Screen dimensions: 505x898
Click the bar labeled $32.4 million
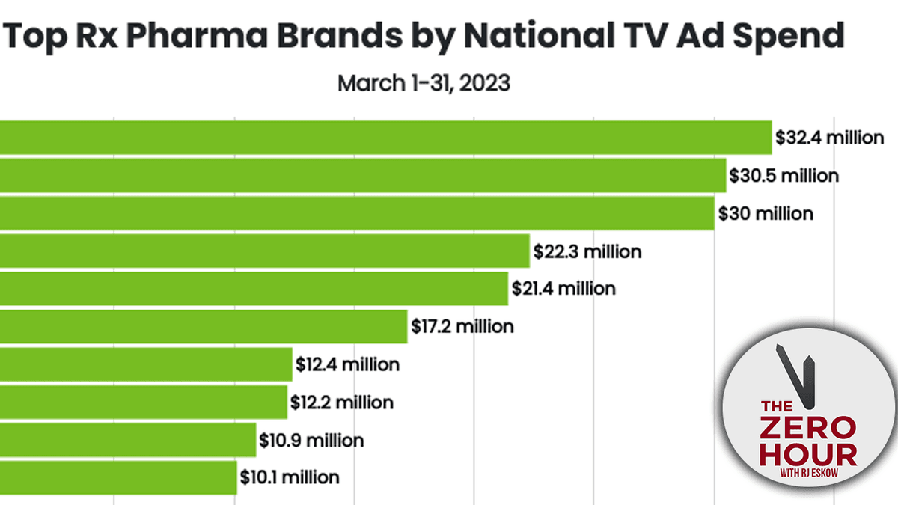click(385, 138)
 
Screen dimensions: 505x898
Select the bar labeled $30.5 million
click(363, 176)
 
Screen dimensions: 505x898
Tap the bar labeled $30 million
click(357, 213)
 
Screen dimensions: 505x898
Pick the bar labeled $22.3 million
click(265, 251)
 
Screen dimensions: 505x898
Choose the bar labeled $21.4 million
click(254, 288)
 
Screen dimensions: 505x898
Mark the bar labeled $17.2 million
click(204, 326)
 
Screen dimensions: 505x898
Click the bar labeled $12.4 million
click(146, 364)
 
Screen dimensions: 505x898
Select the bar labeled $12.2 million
click(144, 403)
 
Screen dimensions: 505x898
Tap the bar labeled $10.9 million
click(128, 440)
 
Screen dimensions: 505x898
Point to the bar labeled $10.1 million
click(118, 477)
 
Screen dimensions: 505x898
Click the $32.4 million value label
click(829, 138)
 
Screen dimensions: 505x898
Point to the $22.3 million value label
click(587, 251)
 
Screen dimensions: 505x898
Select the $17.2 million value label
click(462, 326)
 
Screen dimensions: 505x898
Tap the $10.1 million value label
click(289, 477)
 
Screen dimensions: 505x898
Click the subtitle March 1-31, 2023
click(424, 82)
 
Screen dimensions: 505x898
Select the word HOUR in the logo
click(807, 455)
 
